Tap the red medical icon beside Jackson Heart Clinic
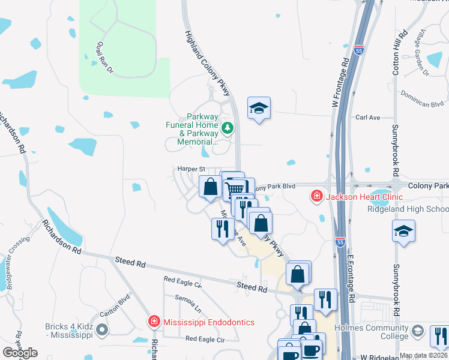(316, 196)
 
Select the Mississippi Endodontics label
(209, 322)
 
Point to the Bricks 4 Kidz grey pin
(102, 329)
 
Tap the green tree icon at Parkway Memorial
(228, 128)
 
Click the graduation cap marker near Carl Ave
(259, 109)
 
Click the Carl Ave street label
(367, 118)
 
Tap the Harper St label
(191, 169)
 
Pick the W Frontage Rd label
(340, 83)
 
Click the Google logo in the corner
(20, 352)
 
